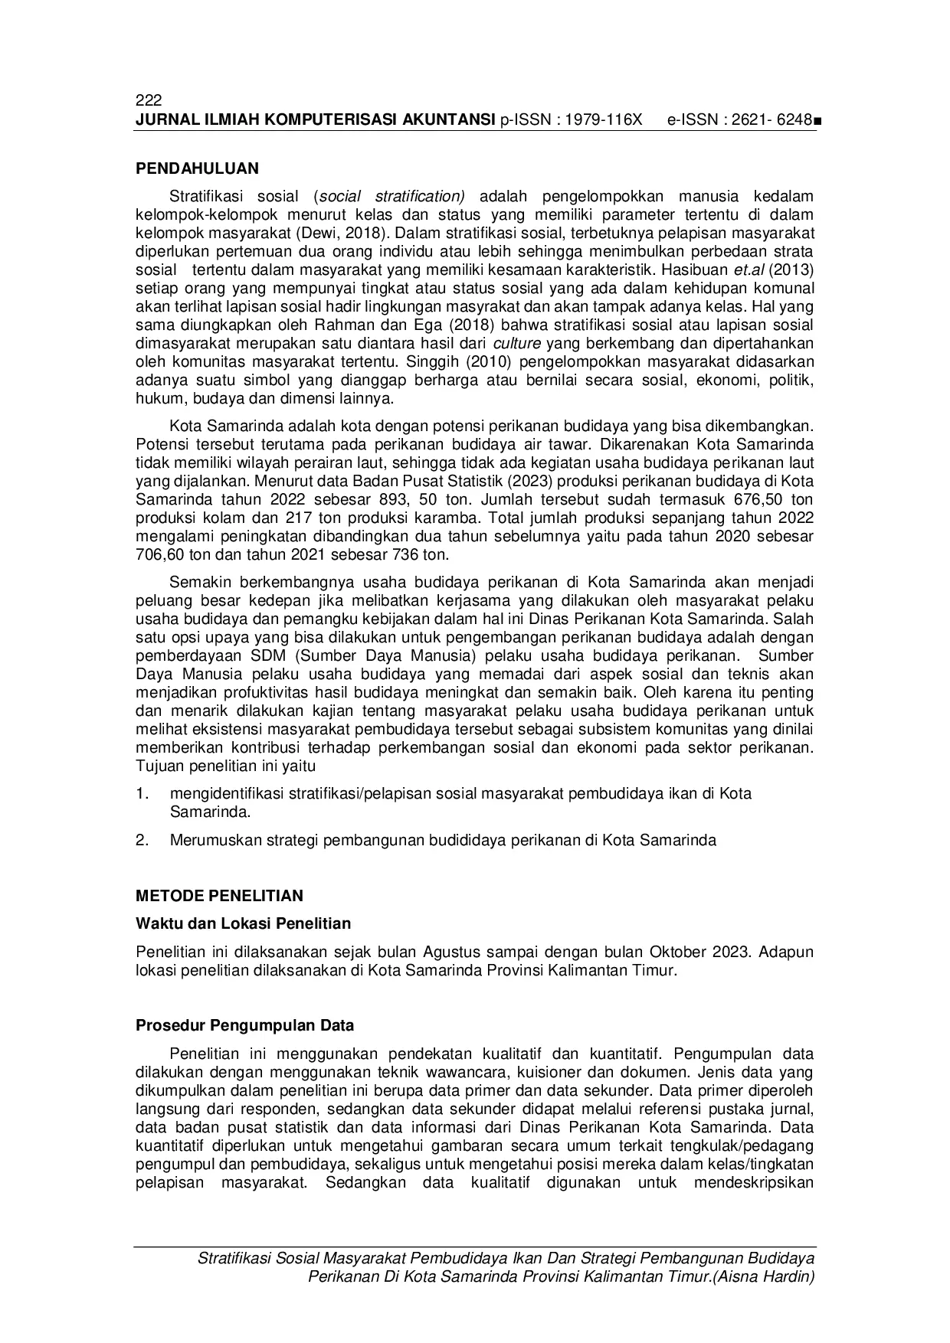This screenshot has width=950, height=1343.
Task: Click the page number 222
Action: tap(149, 100)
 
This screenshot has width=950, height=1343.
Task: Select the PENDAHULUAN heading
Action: tap(197, 168)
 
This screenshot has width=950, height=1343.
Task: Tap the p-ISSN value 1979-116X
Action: tap(600, 120)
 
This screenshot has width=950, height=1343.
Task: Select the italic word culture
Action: tap(516, 343)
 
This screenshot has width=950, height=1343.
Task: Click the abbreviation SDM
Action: tap(268, 655)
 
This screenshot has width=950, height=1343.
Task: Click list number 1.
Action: tap(141, 794)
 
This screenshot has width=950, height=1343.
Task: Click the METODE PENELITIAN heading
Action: tap(219, 896)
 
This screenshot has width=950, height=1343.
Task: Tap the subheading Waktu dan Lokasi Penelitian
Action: tap(243, 923)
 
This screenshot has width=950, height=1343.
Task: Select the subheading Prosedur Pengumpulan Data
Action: tap(244, 1025)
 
